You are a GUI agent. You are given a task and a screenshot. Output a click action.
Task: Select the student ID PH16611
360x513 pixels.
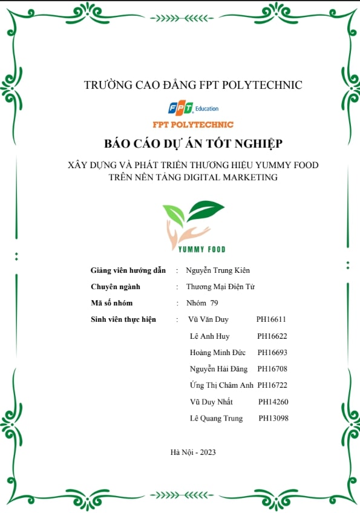pyautogui.click(x=271, y=319)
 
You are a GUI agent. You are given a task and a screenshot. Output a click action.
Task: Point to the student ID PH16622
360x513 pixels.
pyautogui.click(x=272, y=336)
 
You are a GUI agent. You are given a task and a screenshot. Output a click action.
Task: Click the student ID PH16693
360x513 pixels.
pyautogui.click(x=272, y=352)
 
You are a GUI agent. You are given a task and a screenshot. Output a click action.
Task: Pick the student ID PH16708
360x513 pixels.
pyautogui.click(x=272, y=368)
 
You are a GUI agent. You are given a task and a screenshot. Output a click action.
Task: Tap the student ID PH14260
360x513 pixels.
pyautogui.click(x=273, y=402)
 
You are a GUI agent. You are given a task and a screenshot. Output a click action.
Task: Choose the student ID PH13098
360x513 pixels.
pyautogui.click(x=273, y=418)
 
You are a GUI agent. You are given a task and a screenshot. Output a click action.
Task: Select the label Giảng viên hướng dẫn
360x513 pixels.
pyautogui.click(x=128, y=270)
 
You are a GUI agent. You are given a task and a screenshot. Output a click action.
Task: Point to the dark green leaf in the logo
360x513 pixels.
pyautogui.click(x=206, y=211)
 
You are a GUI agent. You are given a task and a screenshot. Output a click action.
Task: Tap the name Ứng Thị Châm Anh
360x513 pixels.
pyautogui.click(x=221, y=385)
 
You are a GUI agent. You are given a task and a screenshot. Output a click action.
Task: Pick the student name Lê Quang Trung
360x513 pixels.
pyautogui.click(x=216, y=418)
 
